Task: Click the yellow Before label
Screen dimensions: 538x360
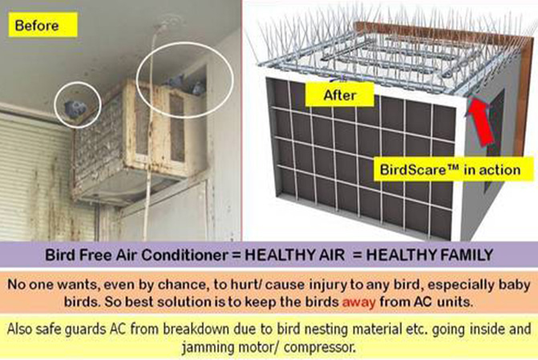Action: (x=42, y=25)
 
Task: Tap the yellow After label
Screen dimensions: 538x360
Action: (x=340, y=95)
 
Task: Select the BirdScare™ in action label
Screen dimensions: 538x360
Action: (x=450, y=169)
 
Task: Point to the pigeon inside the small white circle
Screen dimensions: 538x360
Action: (x=75, y=108)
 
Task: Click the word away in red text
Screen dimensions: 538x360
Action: (x=359, y=302)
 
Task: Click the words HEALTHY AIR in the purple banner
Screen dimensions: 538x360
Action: (x=295, y=255)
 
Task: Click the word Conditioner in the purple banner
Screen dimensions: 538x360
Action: (x=184, y=255)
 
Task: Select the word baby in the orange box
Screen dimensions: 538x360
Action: (x=514, y=285)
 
